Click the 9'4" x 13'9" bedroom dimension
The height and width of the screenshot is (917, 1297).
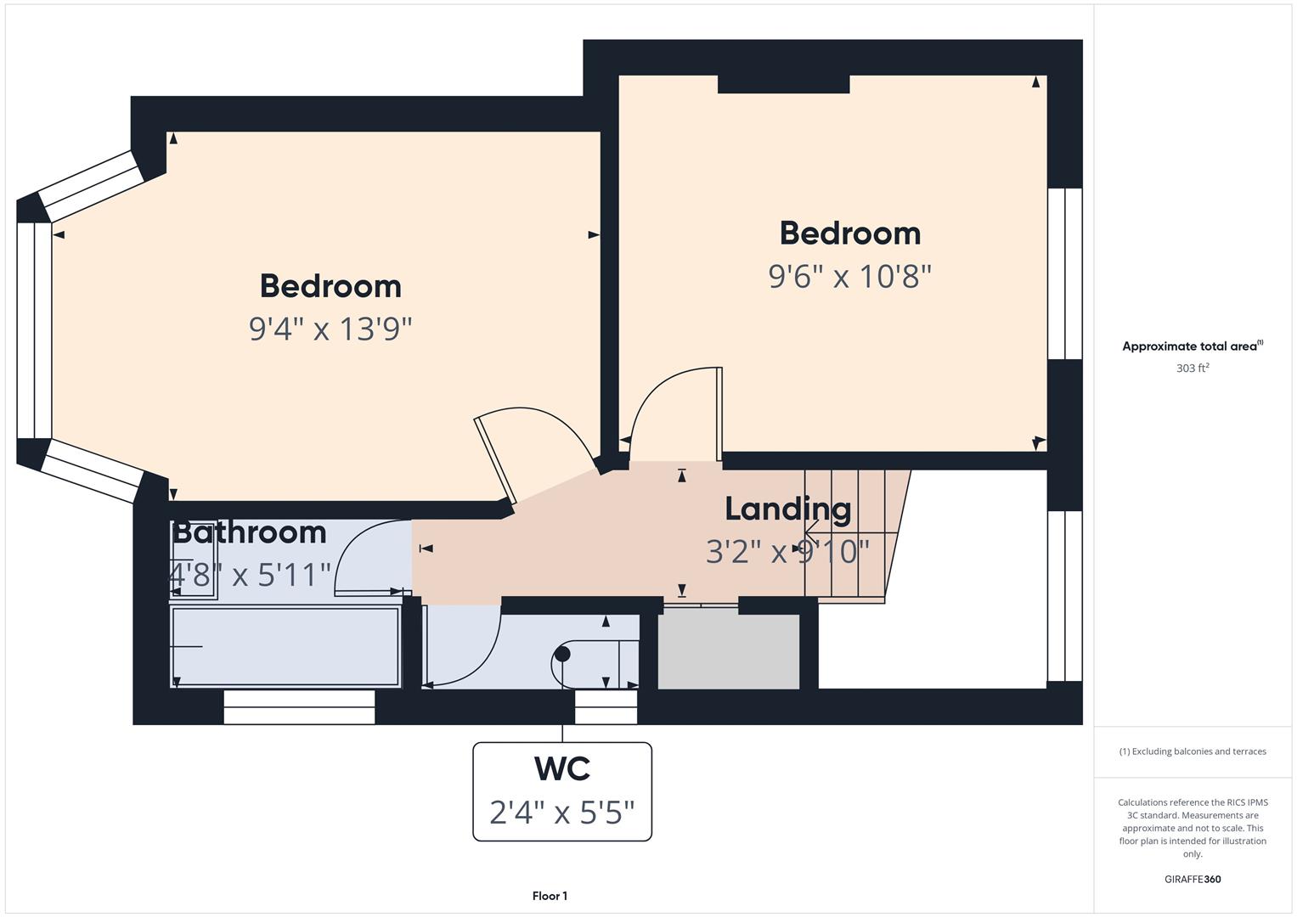pos(330,329)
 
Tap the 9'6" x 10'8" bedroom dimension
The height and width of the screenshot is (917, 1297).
pos(850,276)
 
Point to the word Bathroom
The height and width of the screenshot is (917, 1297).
pos(250,532)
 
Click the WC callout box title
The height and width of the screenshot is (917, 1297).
pos(562,768)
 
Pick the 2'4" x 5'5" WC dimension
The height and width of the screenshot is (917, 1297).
pos(562,813)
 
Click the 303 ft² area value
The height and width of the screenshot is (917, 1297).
pos(1193,368)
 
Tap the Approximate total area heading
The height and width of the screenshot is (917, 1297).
pos(1193,346)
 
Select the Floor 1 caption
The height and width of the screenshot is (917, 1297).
pos(550,896)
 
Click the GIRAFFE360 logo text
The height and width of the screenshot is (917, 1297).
pos(1193,879)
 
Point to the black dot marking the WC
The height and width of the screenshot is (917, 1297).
pos(562,654)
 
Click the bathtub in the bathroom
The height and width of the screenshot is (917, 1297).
pos(286,647)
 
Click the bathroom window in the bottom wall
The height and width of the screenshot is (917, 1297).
pos(299,706)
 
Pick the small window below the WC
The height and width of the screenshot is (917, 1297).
pos(606,706)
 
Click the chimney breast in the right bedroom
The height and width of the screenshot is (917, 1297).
pos(783,84)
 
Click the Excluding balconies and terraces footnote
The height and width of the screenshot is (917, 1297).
pos(1193,751)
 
